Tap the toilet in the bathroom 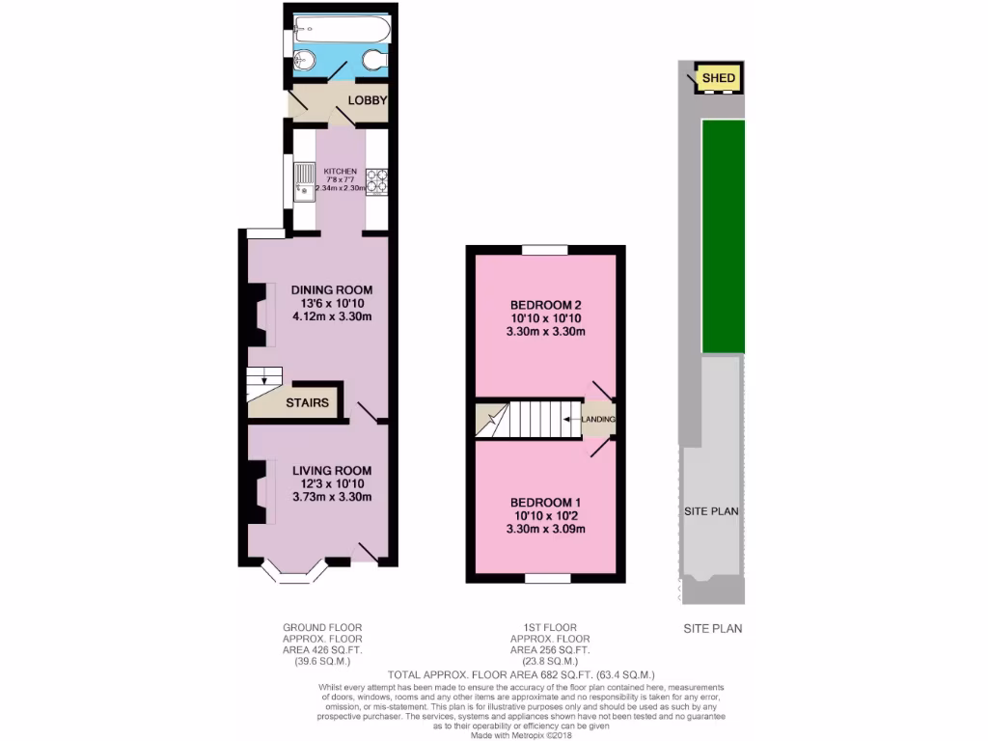374,61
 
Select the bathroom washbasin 303,60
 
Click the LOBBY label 368,100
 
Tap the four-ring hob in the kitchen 375,181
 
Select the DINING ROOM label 332,289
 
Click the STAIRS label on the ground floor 308,402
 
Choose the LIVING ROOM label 332,470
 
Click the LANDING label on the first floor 598,419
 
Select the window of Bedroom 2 546,249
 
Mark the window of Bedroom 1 546,579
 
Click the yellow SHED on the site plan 718,78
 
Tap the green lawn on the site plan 723,236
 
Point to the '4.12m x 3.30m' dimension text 332,316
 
